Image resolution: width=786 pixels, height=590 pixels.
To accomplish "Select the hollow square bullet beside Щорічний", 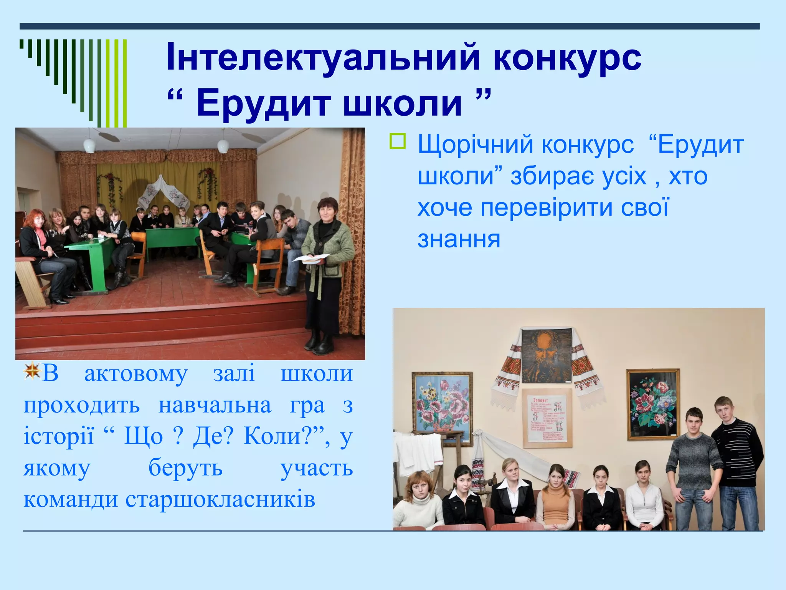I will tap(398, 141).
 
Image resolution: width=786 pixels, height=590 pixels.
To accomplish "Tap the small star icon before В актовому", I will tap(32, 371).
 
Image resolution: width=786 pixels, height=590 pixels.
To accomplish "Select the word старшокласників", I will tap(220, 499).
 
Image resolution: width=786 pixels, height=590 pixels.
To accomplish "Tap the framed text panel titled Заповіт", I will tap(547, 419).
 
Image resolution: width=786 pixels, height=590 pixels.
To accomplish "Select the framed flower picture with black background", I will tap(653, 404).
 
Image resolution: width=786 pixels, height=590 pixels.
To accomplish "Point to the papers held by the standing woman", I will tap(311, 258).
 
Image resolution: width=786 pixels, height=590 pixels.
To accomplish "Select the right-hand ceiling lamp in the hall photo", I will tap(223, 146).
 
